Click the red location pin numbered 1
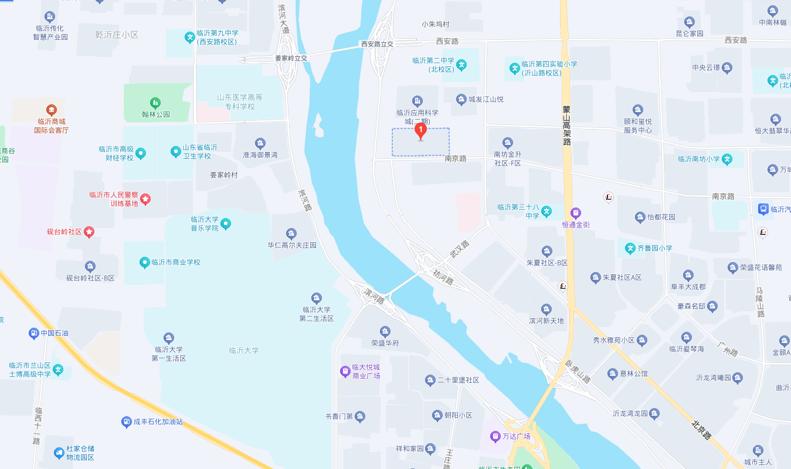point(420,131)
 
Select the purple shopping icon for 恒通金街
point(576,213)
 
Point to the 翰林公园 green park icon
point(155,103)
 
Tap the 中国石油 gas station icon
point(33,334)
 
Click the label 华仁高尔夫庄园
point(292,245)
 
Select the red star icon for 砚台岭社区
point(89,232)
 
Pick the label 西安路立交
point(377,44)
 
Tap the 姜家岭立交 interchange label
point(291,58)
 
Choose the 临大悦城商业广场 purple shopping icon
point(345,371)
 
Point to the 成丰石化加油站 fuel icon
point(126,422)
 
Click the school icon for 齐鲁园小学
point(630,248)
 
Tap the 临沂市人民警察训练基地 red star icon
point(145,199)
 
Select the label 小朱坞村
point(435,25)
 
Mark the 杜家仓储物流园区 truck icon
point(59,453)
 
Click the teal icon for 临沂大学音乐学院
point(226,223)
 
